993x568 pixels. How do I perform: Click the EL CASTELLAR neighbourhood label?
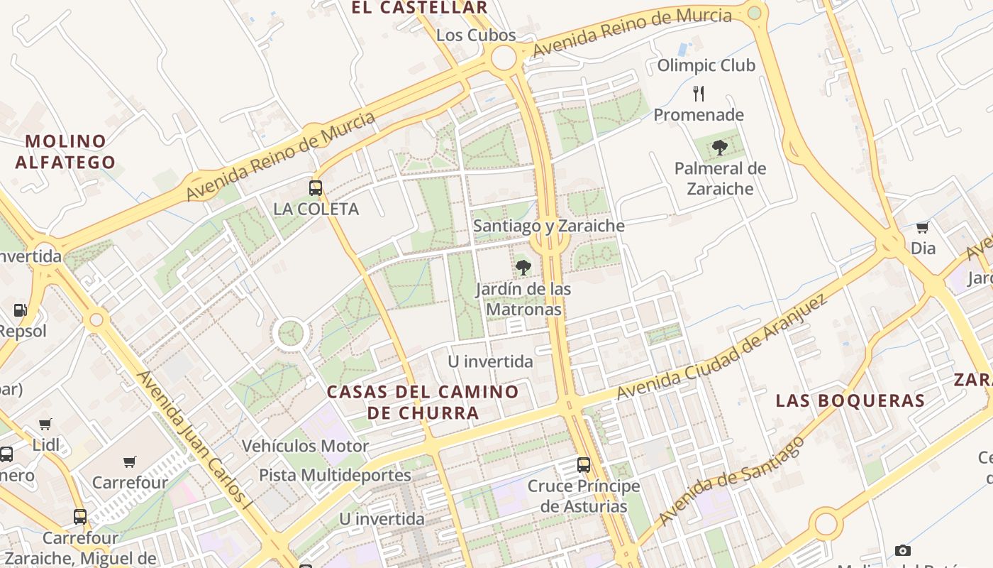pos(420,8)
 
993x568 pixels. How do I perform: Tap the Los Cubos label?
pos(476,35)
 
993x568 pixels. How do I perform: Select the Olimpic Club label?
pos(706,65)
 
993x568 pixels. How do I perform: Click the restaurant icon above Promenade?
pos(699,93)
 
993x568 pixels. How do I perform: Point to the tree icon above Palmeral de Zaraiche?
pos(720,148)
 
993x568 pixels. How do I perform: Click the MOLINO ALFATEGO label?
pos(65,151)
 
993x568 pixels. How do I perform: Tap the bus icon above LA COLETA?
pos(316,188)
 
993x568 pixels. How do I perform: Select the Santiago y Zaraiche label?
pos(549,226)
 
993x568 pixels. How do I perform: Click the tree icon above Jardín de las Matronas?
pos(523,268)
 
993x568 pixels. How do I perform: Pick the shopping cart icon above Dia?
pos(922,227)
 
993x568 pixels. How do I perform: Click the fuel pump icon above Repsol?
pos(21,310)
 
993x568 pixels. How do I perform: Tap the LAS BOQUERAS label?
pos(850,400)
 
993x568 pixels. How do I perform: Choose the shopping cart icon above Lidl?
pos(45,424)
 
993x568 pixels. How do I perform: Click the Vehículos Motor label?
pos(305,446)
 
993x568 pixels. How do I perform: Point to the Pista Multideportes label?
pos(335,475)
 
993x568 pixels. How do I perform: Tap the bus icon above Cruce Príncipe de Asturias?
pos(584,465)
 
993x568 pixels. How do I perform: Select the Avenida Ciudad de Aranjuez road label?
pos(721,348)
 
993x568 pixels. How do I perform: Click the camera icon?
pos(902,550)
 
